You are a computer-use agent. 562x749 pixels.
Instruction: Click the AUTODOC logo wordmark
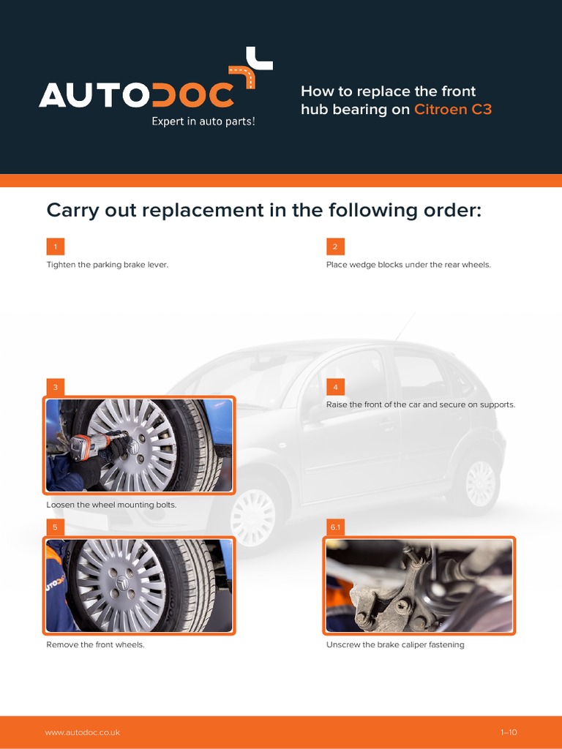(138, 94)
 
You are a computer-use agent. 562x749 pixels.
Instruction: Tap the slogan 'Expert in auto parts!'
(203, 121)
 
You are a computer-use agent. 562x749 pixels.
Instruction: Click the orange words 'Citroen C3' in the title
(453, 110)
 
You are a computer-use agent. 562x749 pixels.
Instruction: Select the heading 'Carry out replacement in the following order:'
(264, 211)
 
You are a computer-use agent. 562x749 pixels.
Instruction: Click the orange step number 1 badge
(55, 246)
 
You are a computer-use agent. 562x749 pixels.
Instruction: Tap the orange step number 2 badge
(334, 246)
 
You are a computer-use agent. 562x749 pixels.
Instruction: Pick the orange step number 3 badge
(55, 387)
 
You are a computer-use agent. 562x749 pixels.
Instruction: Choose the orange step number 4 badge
(334, 387)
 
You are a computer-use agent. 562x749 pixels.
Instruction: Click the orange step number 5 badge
(55, 527)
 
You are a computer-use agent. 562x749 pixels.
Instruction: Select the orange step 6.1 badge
(335, 527)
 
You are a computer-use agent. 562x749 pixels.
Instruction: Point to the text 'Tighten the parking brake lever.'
(108, 265)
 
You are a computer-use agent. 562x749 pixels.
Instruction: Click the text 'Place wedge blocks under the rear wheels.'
(408, 265)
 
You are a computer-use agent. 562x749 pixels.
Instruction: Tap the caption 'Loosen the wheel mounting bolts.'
(111, 505)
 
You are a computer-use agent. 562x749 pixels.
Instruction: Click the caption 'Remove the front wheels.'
(95, 645)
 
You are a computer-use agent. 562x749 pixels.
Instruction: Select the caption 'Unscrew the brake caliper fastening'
(395, 645)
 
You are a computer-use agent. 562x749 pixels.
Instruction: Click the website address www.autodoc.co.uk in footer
(83, 732)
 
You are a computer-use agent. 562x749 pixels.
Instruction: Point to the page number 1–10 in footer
(509, 732)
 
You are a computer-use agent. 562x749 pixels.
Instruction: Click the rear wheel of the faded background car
(480, 483)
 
